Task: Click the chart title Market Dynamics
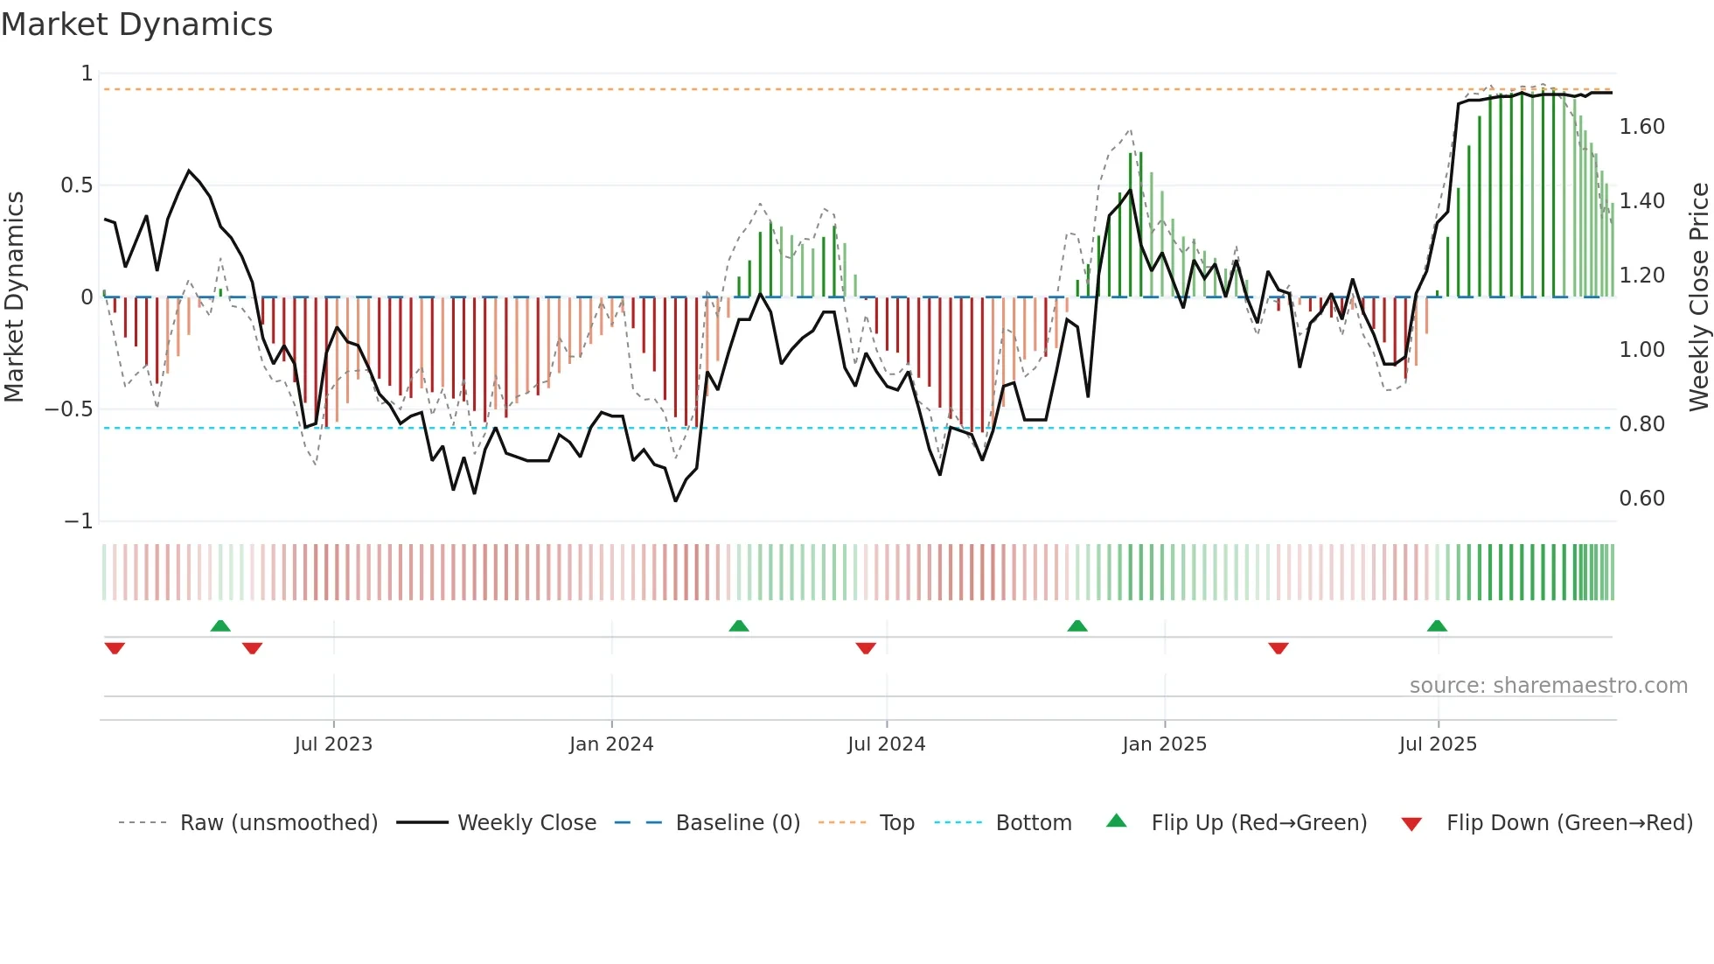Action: pos(136,24)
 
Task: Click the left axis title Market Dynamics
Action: pos(14,297)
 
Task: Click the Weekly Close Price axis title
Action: pos(1698,297)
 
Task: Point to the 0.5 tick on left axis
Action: pos(76,185)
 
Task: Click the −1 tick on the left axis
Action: pos(78,521)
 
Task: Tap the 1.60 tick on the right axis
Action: pos(1641,127)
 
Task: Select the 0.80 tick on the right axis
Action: pos(1641,424)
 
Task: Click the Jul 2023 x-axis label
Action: pos(333,744)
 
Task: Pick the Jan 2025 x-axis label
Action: pos(1164,744)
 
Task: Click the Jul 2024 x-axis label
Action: pos(886,744)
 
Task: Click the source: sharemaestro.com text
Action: pos(1548,686)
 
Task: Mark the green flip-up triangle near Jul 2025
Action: pos(1437,625)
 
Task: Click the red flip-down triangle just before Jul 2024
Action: pos(866,648)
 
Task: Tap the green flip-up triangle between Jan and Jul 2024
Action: pos(739,625)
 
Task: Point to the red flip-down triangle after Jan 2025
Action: pos(1279,648)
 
